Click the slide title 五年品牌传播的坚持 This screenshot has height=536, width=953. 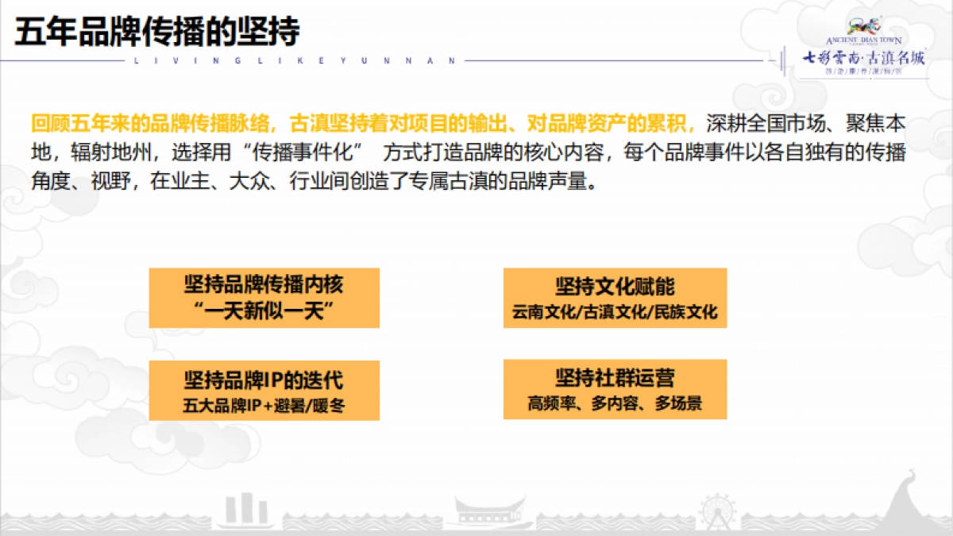157,33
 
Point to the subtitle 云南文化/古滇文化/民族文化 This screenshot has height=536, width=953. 615,312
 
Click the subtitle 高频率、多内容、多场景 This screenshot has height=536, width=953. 615,403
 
